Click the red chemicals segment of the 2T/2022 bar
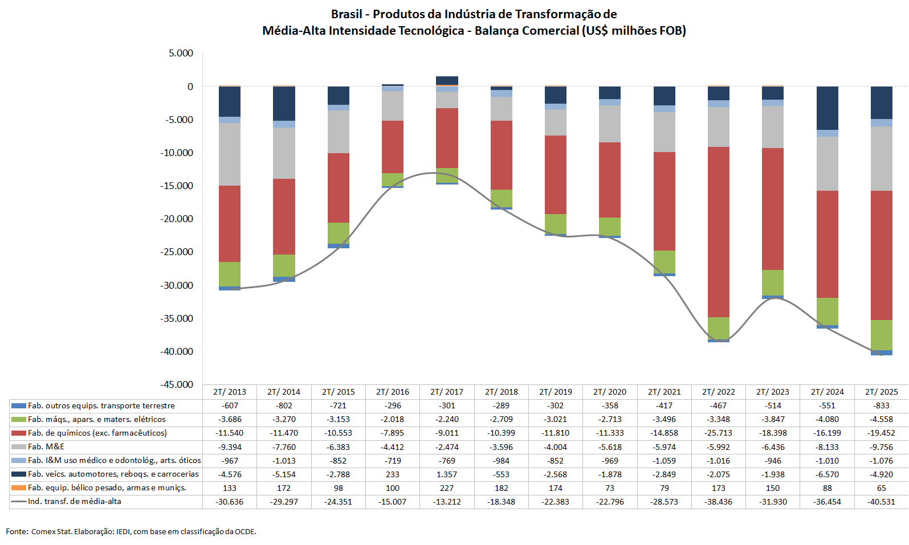(x=719, y=232)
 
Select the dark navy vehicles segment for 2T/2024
(x=828, y=108)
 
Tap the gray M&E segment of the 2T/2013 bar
(x=230, y=154)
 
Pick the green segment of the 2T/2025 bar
(x=882, y=335)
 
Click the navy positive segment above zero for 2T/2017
(x=447, y=80)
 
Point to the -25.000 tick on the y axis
(x=179, y=252)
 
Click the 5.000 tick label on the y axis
(x=181, y=53)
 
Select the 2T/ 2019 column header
(x=556, y=392)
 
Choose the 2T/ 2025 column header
(x=882, y=392)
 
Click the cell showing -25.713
(x=719, y=433)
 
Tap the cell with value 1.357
(x=447, y=474)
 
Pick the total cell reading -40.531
(x=882, y=502)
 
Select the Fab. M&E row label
(x=46, y=446)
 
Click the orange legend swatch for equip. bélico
(x=19, y=487)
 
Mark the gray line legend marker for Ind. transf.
(x=19, y=502)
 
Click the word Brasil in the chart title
(x=347, y=14)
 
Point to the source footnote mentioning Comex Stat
(x=131, y=531)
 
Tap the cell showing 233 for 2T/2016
(x=393, y=474)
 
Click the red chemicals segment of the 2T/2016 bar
(x=393, y=146)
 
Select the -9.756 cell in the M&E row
(x=882, y=447)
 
